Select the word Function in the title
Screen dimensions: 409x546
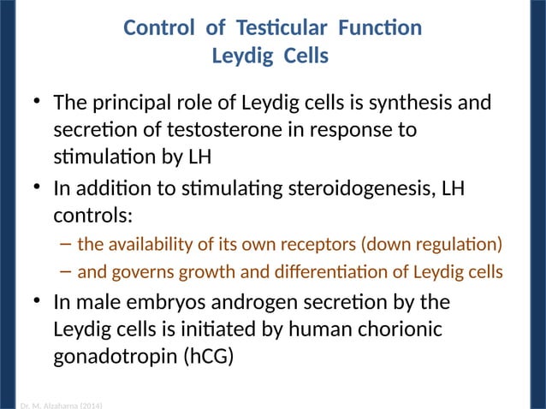[x=379, y=28]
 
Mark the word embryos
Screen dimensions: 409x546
[x=163, y=303]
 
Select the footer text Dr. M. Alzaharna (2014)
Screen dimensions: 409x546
[x=60, y=405]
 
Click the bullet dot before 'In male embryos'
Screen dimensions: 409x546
[x=38, y=302]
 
